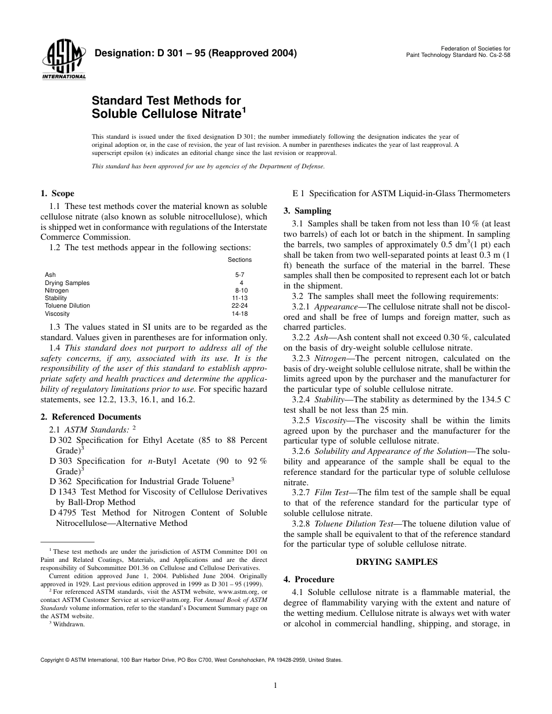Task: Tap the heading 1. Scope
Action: tap(57, 193)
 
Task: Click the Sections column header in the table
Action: tap(240, 260)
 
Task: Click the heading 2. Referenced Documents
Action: tap(91, 417)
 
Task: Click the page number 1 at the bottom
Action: tap(276, 686)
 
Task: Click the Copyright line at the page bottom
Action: tap(191, 660)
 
